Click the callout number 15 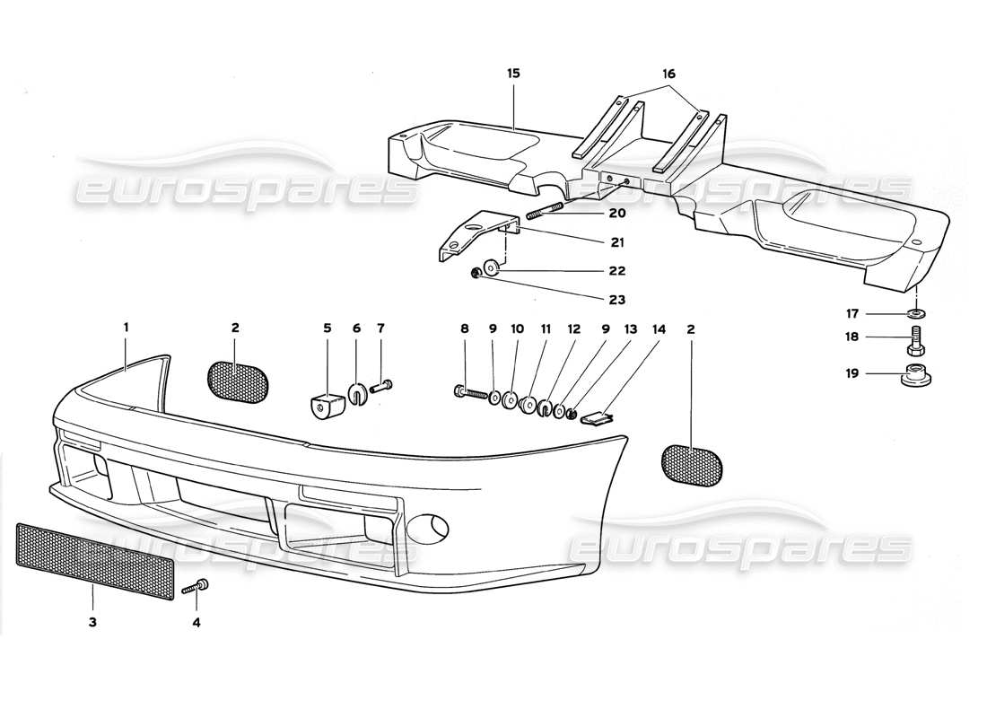513,74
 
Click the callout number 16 669,74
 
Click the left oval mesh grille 238,381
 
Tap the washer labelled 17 916,313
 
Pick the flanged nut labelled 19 916,375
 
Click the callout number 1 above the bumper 126,328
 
